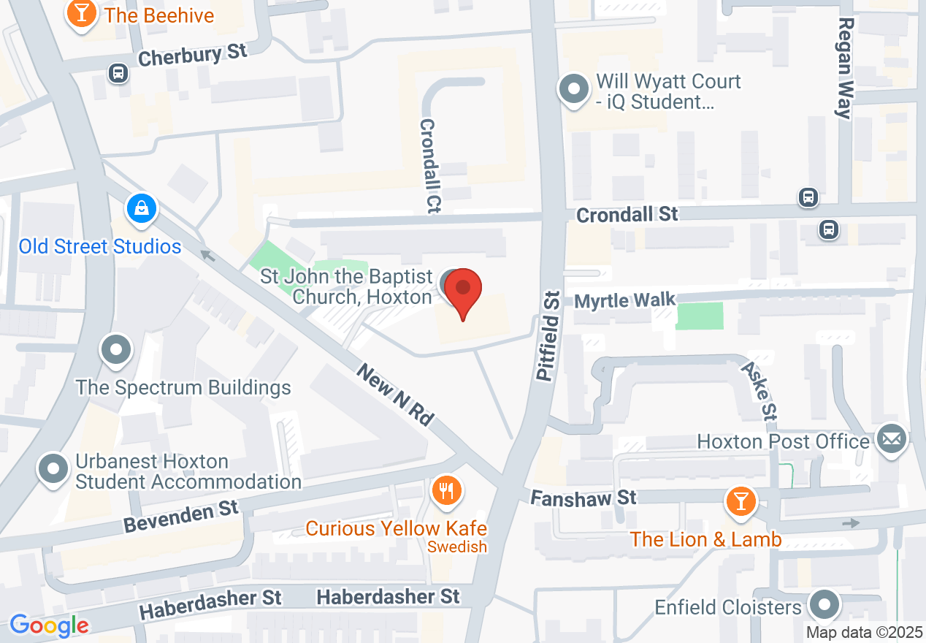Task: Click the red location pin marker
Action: click(x=463, y=291)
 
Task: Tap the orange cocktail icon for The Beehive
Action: click(x=81, y=14)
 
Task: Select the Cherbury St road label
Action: click(x=192, y=55)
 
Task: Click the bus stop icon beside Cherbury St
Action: click(x=118, y=72)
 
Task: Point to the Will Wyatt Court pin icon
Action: click(x=574, y=90)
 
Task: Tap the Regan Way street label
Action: click(x=845, y=68)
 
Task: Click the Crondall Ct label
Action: click(x=430, y=166)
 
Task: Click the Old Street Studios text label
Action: click(x=100, y=246)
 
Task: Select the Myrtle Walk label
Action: click(x=624, y=300)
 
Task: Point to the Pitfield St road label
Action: click(x=548, y=335)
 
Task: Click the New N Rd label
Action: click(x=396, y=395)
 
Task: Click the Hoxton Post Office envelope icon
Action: click(x=892, y=439)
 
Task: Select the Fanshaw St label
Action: click(x=583, y=498)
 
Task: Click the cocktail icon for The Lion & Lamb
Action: click(x=741, y=501)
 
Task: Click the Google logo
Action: click(x=49, y=625)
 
